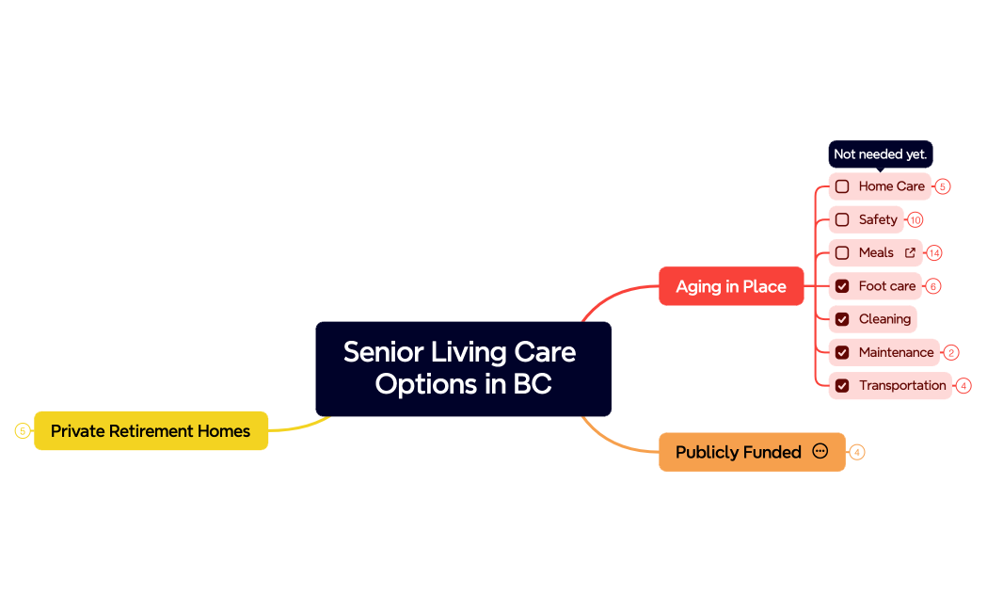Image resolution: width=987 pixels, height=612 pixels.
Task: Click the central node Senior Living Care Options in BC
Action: coord(463,368)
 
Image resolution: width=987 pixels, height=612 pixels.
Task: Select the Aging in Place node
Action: coord(730,286)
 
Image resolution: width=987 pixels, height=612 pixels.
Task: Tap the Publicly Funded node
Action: coord(738,452)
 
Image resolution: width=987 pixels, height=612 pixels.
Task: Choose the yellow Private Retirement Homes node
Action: coord(151,431)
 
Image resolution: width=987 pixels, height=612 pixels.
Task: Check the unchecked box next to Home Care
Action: coord(842,186)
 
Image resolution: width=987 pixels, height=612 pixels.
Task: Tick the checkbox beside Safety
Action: coord(842,219)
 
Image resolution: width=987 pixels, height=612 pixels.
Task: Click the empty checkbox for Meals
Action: coord(842,252)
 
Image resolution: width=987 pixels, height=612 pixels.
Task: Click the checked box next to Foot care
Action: coord(842,286)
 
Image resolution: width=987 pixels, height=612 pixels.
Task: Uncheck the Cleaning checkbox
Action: coord(842,319)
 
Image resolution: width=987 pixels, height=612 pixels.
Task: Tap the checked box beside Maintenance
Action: coord(842,352)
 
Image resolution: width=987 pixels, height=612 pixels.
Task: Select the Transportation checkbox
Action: coord(842,385)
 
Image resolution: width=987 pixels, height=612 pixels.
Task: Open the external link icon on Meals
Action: coord(910,252)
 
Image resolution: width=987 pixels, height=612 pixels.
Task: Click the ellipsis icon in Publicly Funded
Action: coord(820,451)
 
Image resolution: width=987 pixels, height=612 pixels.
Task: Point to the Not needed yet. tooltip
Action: coord(880,154)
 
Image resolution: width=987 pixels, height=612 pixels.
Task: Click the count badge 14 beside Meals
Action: coord(933,253)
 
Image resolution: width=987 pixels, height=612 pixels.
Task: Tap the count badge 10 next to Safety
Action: coord(915,220)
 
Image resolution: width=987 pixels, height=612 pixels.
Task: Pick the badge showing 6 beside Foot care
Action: coord(933,286)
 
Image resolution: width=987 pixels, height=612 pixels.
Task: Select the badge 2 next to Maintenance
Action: coord(951,353)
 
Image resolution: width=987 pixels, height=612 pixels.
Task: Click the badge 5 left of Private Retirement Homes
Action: coord(22,431)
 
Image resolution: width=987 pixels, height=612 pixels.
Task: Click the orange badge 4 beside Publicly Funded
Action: coord(856,453)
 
